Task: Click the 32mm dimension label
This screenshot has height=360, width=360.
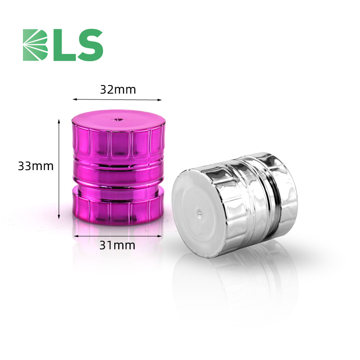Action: pos(118,90)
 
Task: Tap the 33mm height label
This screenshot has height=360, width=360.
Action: pos(36,166)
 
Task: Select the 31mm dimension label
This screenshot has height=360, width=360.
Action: pos(117,245)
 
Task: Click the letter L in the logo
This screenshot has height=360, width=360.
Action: pos(64,45)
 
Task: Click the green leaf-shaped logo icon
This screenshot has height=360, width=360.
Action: pos(35,45)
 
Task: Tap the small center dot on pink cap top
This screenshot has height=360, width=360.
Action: pos(118,120)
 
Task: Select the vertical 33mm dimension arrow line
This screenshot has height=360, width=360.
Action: pos(59,169)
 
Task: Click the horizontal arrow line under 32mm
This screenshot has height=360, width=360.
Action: pos(117,99)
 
